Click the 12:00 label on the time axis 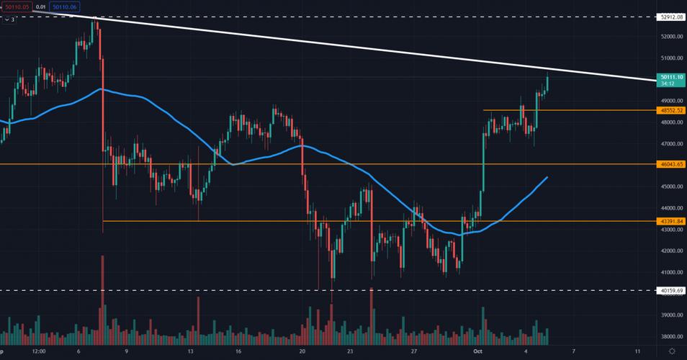39,351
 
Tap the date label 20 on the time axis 303,351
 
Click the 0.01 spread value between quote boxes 38,6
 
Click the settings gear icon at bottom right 671,351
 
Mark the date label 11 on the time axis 639,351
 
